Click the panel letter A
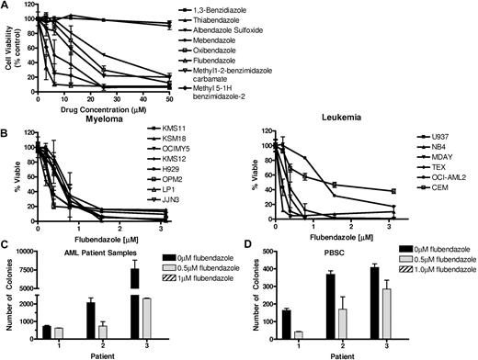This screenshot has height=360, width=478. pos(6,7)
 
